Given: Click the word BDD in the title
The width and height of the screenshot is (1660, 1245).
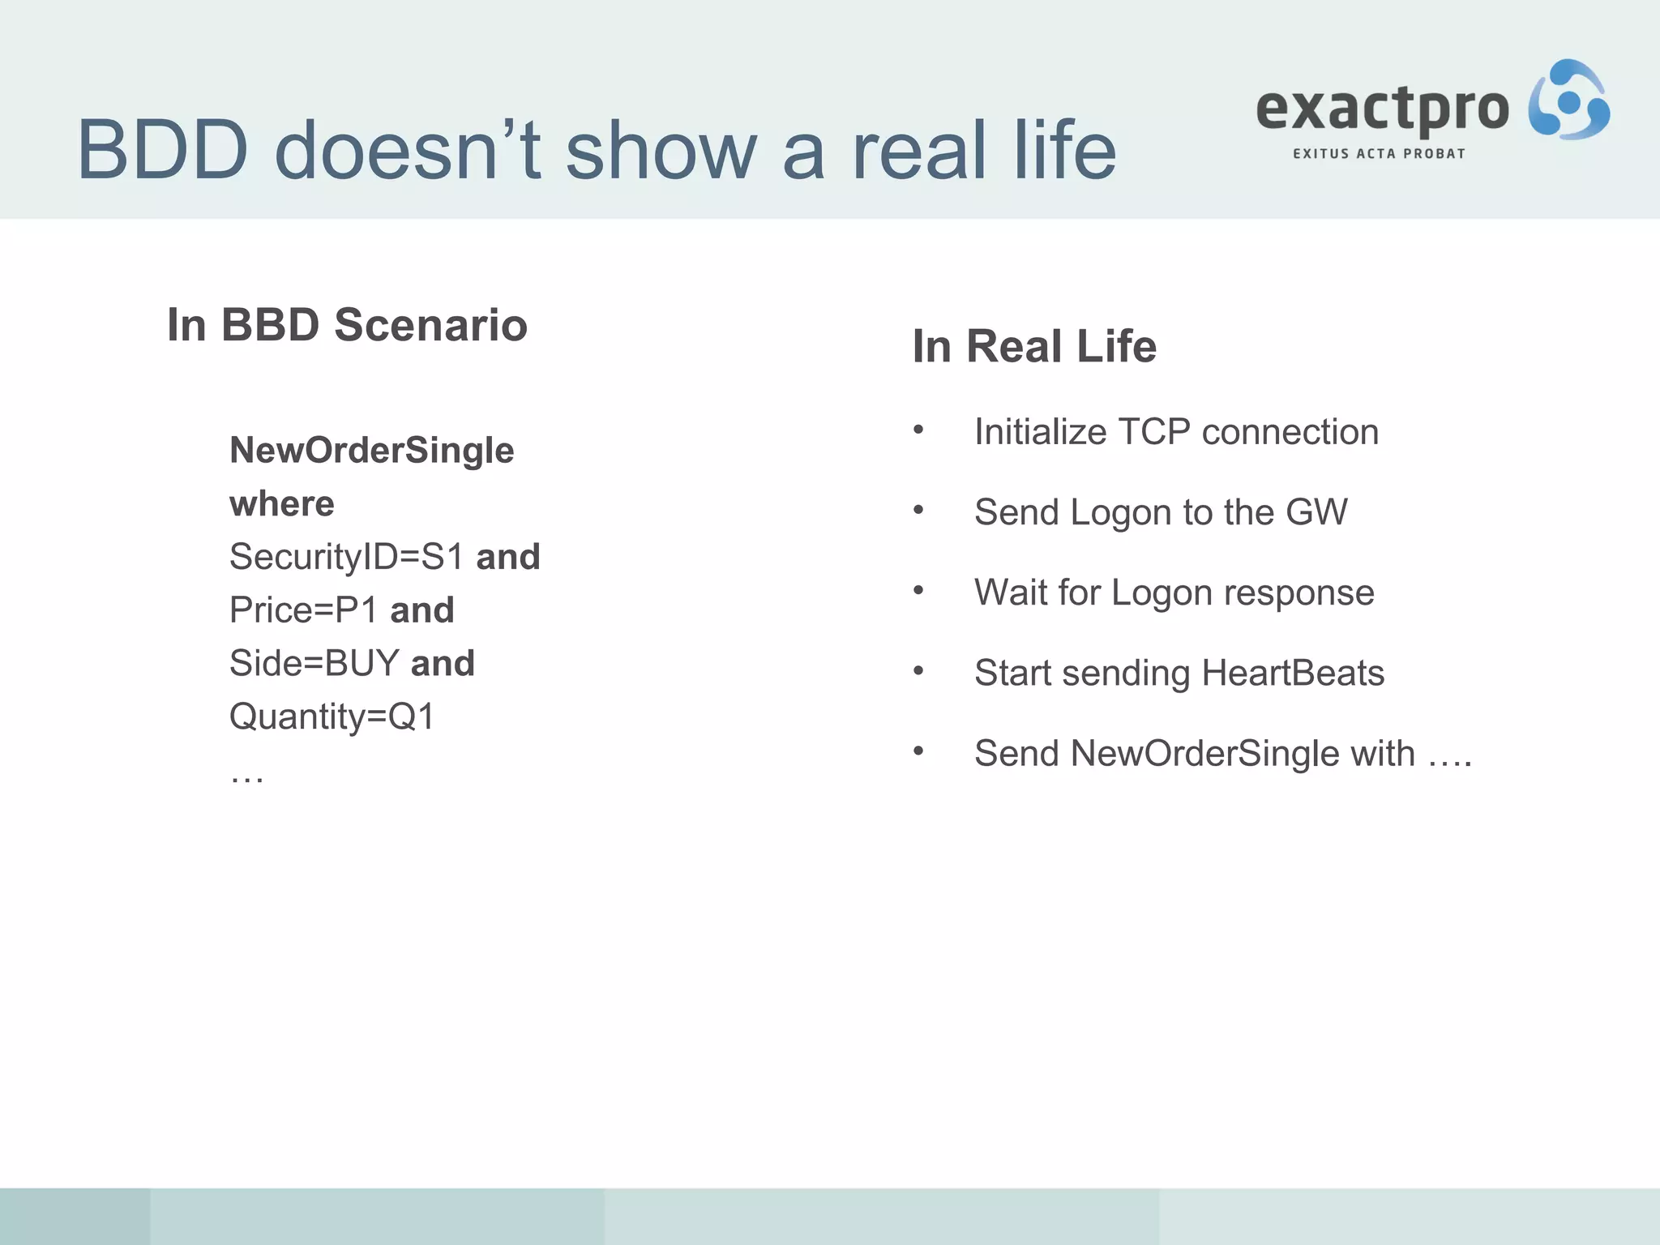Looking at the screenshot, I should click(162, 151).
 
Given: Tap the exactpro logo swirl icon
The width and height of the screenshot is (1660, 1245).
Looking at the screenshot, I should click(1568, 101).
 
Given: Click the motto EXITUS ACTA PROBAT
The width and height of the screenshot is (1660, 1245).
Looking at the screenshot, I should click(1379, 154).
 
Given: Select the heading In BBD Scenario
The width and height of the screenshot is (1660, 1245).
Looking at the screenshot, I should click(347, 325).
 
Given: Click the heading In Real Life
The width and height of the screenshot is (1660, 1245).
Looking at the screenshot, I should click(1034, 347).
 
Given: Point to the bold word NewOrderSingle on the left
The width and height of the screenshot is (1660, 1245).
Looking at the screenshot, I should click(371, 451).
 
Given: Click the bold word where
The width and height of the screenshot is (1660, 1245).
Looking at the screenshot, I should click(281, 504).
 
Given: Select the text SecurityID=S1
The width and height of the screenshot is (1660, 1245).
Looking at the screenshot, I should click(346, 557).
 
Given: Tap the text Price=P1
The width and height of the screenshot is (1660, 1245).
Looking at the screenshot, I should click(302, 610).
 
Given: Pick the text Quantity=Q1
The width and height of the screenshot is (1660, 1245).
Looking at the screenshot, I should click(332, 717).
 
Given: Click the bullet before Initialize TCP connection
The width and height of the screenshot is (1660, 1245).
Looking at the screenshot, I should click(918, 430).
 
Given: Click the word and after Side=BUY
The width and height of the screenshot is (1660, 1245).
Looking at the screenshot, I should click(443, 664).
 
